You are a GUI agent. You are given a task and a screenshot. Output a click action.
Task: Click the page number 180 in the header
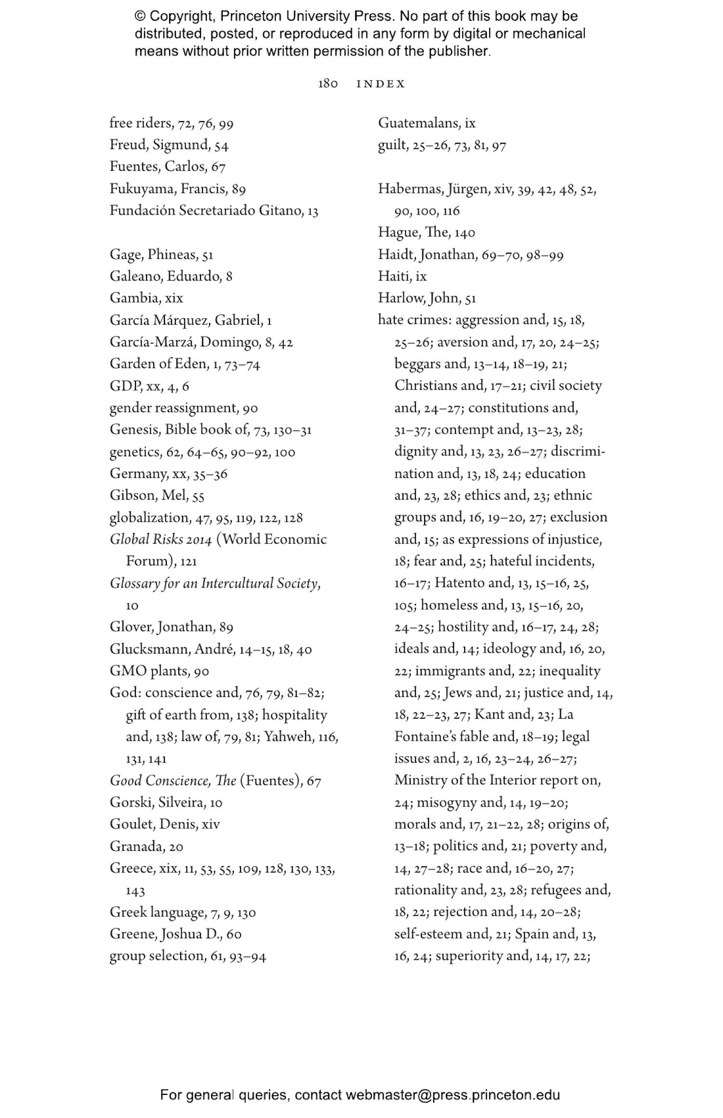click(328, 84)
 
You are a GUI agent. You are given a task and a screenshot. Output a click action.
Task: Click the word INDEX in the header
click(381, 84)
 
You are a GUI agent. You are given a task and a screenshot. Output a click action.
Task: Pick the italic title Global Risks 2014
click(161, 539)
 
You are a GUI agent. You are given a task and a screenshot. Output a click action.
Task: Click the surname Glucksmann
click(149, 649)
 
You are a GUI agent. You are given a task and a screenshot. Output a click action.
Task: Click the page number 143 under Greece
click(135, 890)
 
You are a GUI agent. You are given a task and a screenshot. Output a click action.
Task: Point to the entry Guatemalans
click(419, 123)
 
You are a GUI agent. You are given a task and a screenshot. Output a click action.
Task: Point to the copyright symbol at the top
click(140, 16)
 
